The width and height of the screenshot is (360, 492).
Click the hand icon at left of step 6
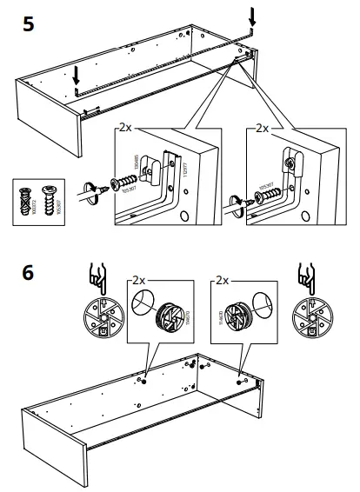tap(99, 276)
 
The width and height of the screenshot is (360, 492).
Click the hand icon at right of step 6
tap(307, 276)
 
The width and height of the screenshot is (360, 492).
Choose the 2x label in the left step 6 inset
tap(139, 282)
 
